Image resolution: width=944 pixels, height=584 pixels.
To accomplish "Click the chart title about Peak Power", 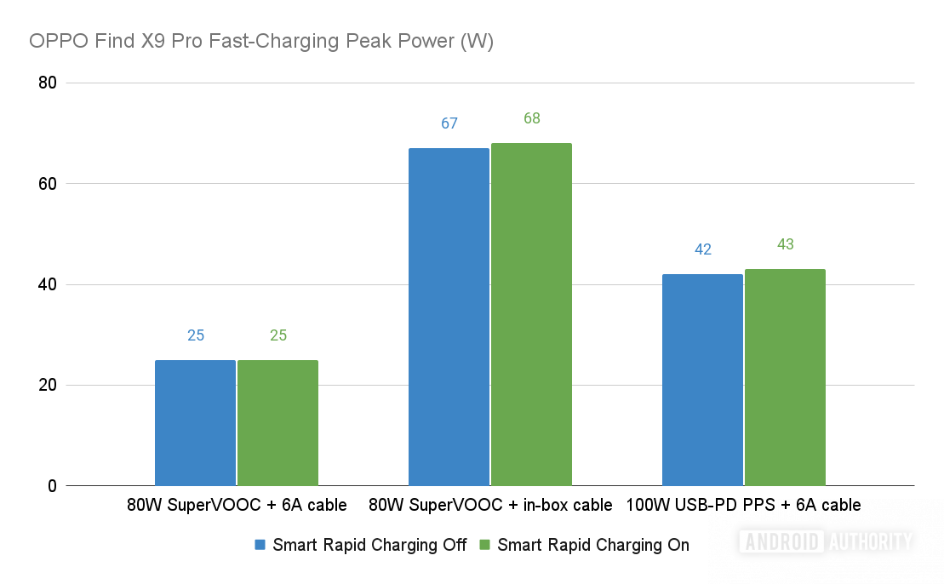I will tap(261, 41).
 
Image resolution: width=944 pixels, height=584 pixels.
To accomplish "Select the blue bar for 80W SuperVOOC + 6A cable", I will tap(195, 423).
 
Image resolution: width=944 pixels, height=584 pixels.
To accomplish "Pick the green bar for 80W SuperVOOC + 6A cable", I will tap(277, 423).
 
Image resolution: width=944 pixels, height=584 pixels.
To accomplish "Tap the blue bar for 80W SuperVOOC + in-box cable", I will tap(449, 317).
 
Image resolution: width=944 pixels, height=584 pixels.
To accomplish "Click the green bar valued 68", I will tap(531, 315).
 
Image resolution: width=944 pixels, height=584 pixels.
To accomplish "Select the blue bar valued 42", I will tap(702, 380).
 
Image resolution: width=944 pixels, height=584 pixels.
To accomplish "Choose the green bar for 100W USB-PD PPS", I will tap(785, 377).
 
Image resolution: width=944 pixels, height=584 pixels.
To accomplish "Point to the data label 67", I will tap(449, 123).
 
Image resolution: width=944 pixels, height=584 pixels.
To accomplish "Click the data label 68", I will tap(532, 118).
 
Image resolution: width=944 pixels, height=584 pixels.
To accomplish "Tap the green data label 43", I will tap(786, 244).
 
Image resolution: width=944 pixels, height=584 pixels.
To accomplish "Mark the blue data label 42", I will tap(703, 249).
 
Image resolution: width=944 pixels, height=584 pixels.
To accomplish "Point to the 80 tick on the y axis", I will tap(47, 83).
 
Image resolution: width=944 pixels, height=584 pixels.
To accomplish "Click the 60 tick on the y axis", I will tap(47, 184).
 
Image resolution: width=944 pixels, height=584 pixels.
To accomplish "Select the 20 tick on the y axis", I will tap(47, 386).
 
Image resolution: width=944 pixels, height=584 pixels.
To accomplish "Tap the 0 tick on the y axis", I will tap(52, 486).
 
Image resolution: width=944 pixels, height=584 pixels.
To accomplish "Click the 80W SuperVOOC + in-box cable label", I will tap(490, 505).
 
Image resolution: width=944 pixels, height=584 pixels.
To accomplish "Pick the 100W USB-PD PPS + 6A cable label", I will tap(743, 505).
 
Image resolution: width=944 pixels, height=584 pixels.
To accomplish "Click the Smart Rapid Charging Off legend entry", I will tap(361, 545).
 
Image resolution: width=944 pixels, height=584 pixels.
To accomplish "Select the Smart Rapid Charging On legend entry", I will tap(585, 545).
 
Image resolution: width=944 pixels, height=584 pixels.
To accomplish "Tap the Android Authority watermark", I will tap(827, 541).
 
